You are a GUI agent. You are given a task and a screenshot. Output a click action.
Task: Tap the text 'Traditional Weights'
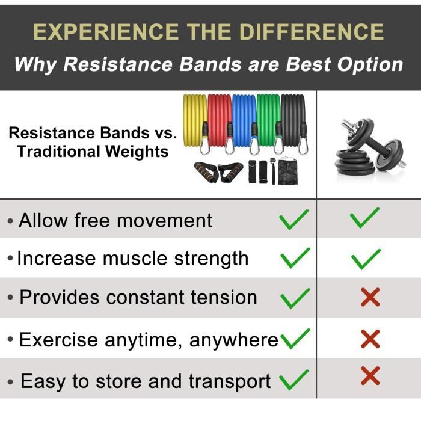(x=93, y=151)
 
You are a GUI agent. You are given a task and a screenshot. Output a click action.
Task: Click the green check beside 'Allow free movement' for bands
(x=294, y=220)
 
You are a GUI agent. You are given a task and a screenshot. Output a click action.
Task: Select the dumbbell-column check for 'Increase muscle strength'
(x=366, y=259)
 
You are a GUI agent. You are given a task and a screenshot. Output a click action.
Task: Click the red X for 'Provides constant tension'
(x=370, y=297)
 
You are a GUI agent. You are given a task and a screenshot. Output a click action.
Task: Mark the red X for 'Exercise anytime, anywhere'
(x=370, y=340)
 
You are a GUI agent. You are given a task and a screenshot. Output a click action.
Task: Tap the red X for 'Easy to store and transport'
(x=370, y=376)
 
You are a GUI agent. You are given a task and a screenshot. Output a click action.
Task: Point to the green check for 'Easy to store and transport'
(x=294, y=380)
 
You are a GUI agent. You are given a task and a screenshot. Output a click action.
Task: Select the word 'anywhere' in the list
(x=234, y=340)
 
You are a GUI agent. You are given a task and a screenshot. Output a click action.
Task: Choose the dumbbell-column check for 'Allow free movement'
(x=365, y=217)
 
